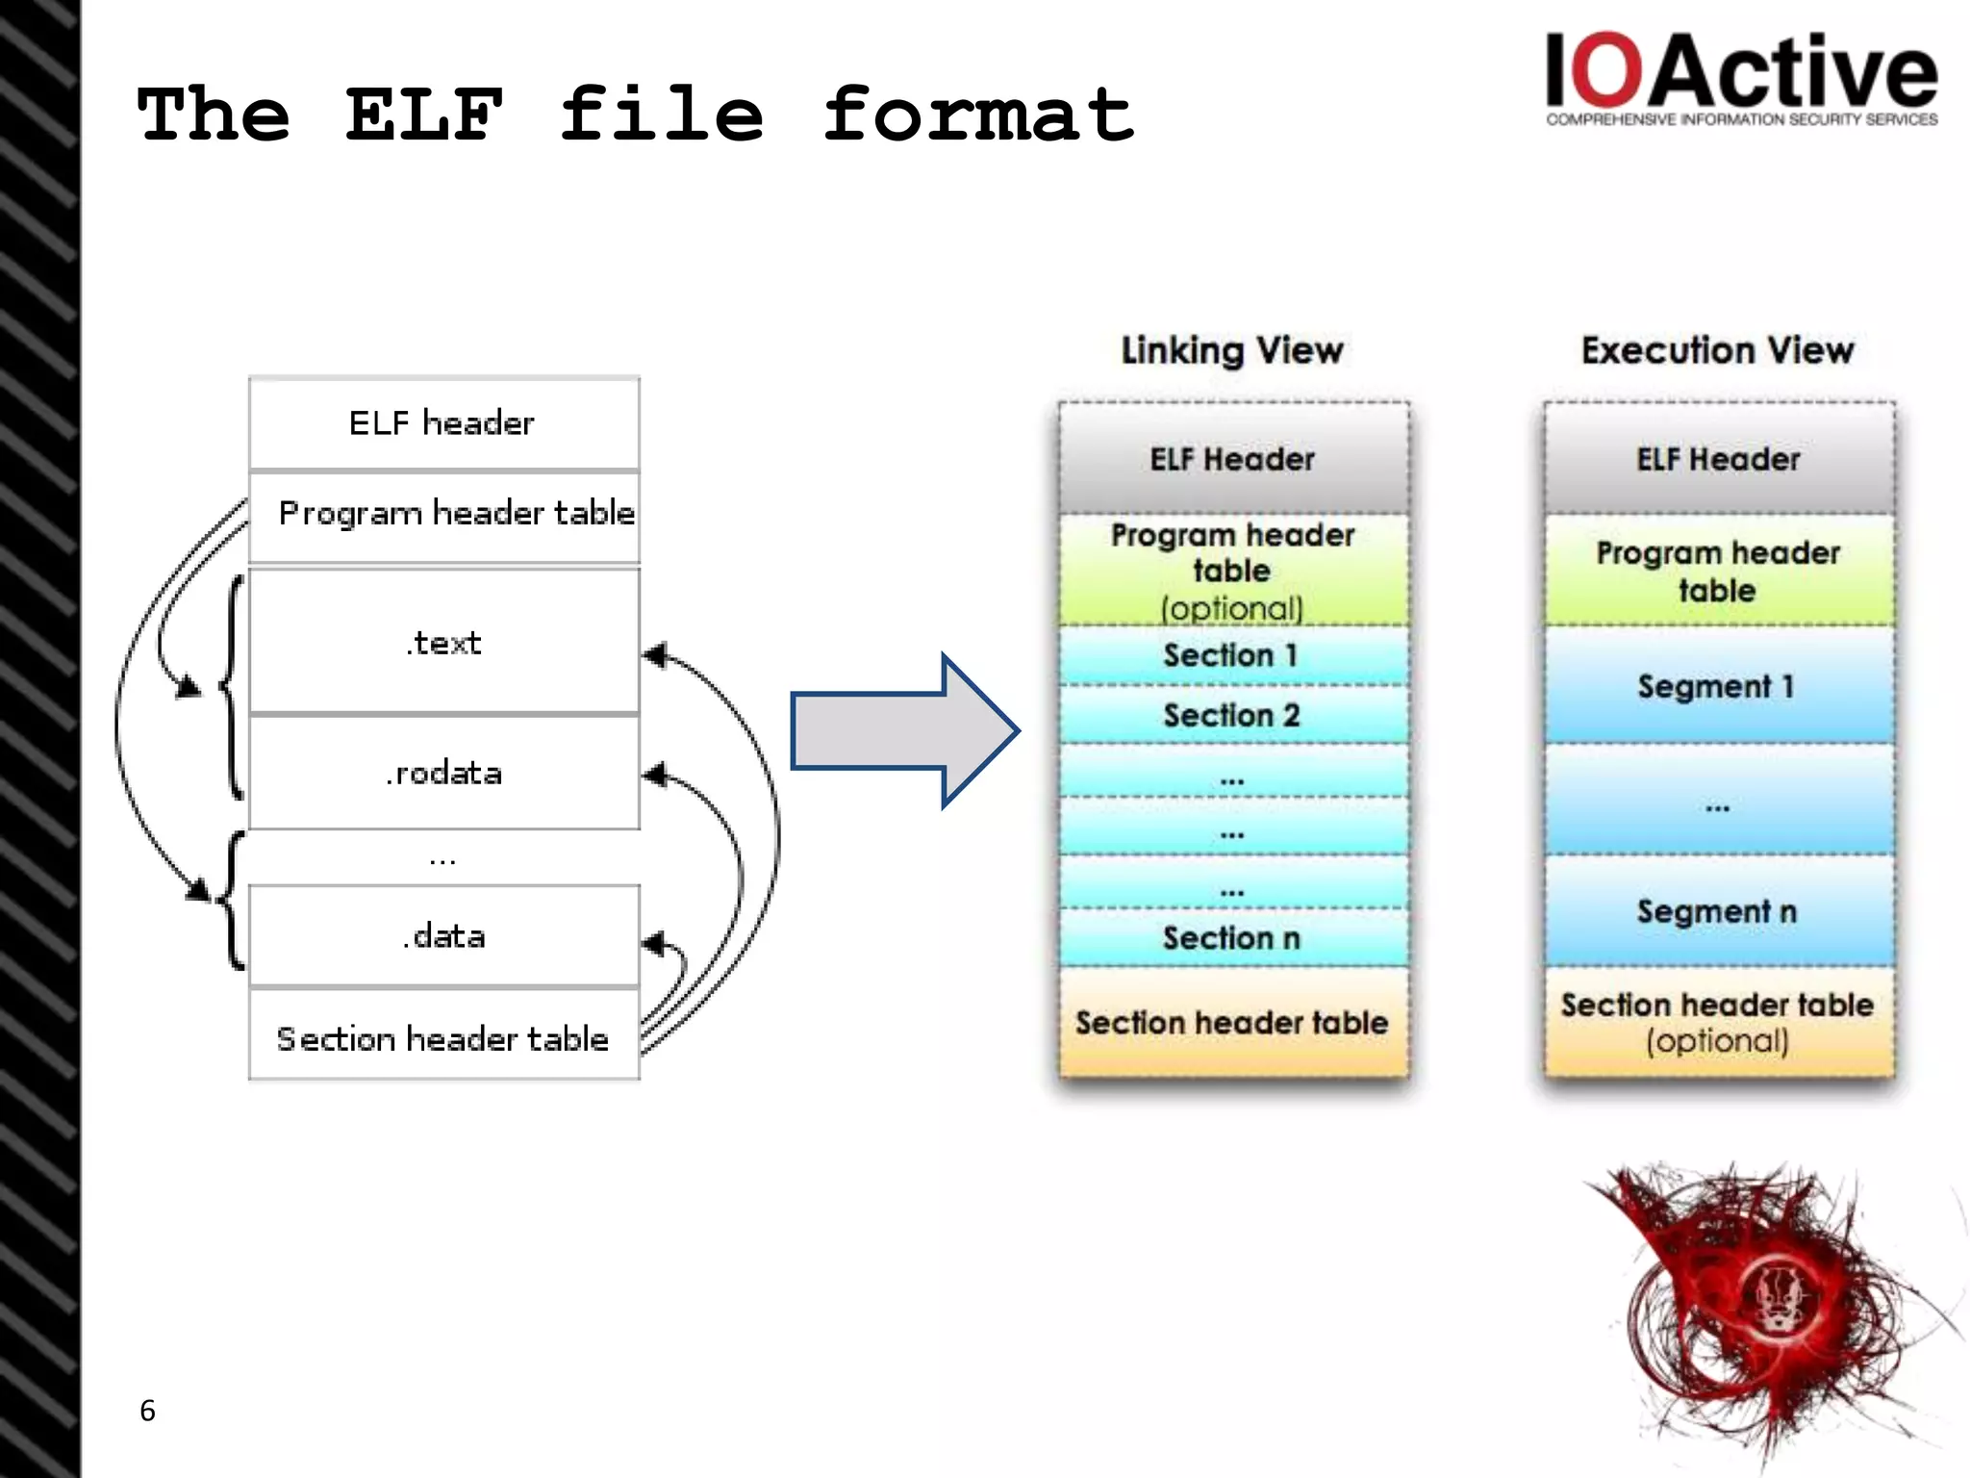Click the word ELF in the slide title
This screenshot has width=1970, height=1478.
pos(423,115)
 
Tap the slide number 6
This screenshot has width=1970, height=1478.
pos(147,1410)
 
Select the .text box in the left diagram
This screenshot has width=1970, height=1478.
pos(443,642)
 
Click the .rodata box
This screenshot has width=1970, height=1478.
pos(443,773)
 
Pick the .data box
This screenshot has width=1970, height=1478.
pos(443,936)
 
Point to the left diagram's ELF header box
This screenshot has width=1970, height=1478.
pos(443,422)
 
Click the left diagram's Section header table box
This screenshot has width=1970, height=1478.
pos(443,1038)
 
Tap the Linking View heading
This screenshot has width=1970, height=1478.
pos(1232,350)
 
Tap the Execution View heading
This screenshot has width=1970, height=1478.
pos(1717,350)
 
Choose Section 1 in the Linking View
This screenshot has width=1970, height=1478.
pos(1232,655)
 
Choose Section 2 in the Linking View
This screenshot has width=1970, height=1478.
pos(1232,715)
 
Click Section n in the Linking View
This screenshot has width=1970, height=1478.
pos(1232,937)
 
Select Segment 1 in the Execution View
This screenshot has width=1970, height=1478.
pos(1717,686)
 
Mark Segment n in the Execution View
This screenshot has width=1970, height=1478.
pos(1717,910)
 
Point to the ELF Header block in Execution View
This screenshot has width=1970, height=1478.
pos(1718,459)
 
